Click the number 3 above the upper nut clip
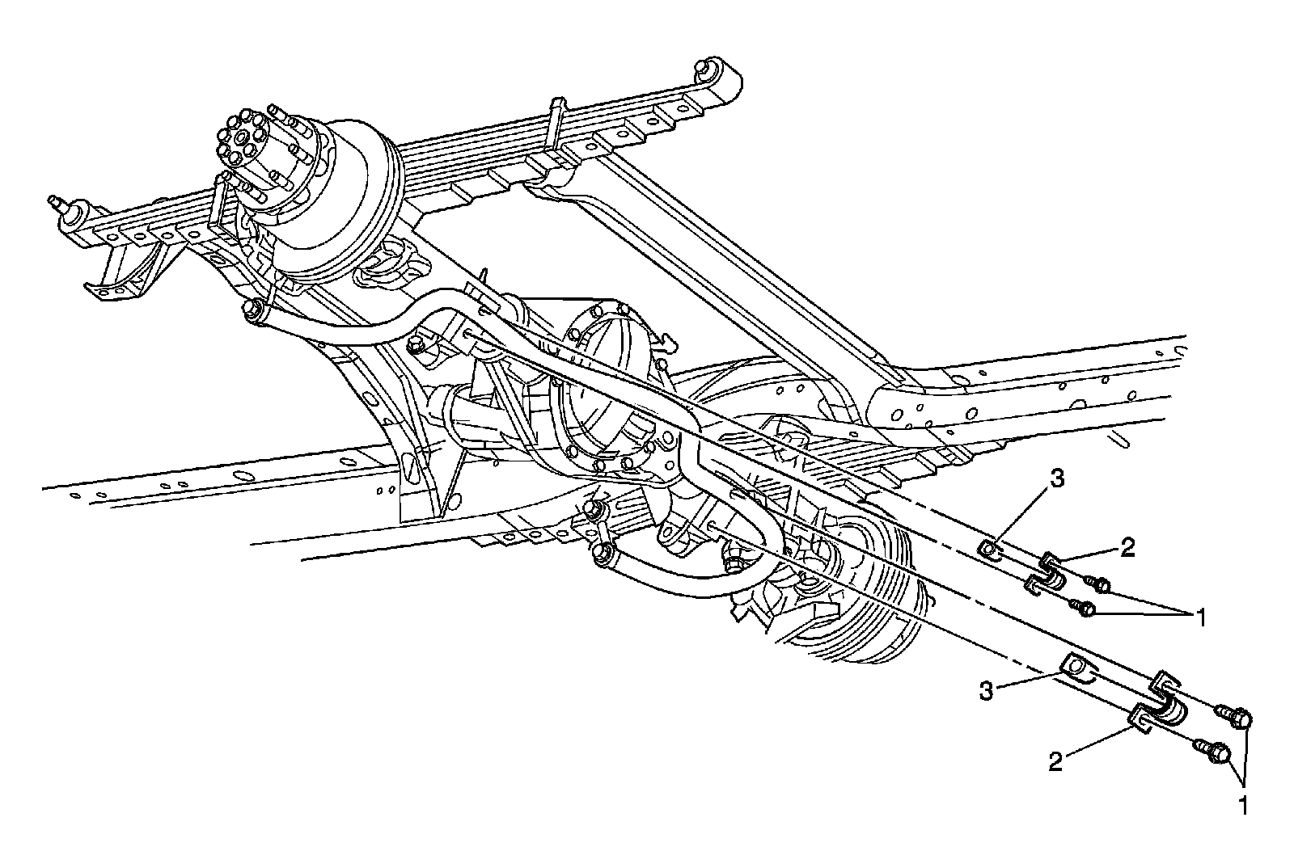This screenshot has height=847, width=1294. [x=1058, y=478]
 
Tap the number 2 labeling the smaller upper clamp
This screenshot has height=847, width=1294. [x=1127, y=549]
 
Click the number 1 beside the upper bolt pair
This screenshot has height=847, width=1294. [x=1201, y=618]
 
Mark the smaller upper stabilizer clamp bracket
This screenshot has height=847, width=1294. [x=1047, y=571]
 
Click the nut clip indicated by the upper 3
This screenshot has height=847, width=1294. [x=988, y=549]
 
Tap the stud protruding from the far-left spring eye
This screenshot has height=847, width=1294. [x=57, y=202]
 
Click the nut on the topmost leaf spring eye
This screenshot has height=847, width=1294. [x=704, y=67]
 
